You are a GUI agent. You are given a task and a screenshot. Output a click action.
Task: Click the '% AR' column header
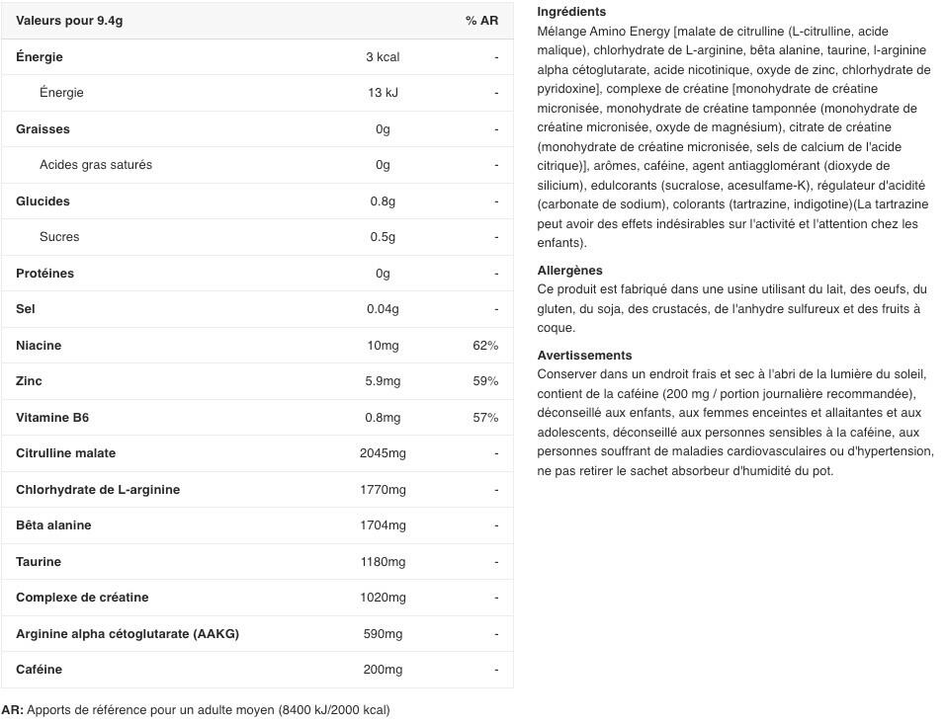pos(481,21)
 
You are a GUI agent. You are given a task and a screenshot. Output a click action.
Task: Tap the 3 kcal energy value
pos(383,57)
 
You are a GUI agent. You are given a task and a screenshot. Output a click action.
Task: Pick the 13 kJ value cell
pos(383,93)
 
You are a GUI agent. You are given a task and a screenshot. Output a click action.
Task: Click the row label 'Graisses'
pos(43,129)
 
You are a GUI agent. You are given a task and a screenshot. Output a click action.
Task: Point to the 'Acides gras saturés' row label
pos(96,165)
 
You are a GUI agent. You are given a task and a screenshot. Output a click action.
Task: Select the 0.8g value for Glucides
pos(383,201)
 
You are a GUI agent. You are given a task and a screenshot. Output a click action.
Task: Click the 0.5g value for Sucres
pos(383,237)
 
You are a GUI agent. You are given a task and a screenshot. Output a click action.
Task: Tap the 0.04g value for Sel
pos(383,309)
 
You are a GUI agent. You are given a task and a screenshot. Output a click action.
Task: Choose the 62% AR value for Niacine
pos(485,346)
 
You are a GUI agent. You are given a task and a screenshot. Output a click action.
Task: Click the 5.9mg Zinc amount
pos(383,381)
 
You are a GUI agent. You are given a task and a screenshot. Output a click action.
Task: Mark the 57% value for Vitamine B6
pos(485,418)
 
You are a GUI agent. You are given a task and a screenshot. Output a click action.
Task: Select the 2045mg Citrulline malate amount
pos(383,453)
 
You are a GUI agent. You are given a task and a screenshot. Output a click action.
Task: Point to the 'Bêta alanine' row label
pos(53,525)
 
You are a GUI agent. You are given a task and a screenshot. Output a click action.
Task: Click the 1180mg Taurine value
pos(383,562)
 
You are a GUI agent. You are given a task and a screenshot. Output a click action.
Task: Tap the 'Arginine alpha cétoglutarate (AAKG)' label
pos(128,634)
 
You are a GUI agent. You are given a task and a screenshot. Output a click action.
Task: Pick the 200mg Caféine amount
pos(383,670)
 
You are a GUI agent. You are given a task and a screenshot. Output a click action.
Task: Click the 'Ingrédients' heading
pos(571,12)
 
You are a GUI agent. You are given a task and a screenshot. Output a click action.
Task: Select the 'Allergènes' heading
pos(569,271)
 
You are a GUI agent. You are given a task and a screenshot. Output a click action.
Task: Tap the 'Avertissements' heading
pos(584,356)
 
